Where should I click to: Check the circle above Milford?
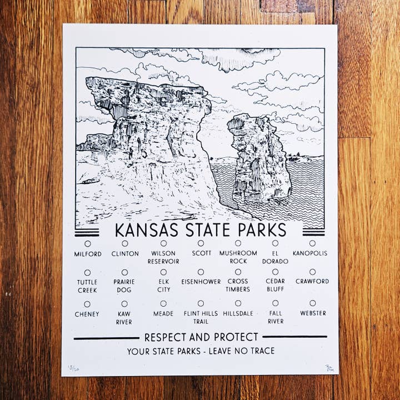[x=88, y=243]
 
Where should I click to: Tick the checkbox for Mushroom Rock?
[x=238, y=243]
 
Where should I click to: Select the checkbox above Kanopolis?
[x=312, y=243]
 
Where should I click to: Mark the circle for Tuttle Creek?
[x=87, y=273]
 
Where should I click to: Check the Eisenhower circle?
[x=201, y=272]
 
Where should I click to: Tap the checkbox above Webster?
[x=312, y=303]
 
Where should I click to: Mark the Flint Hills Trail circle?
[x=201, y=303]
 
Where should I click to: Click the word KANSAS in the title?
[x=147, y=229]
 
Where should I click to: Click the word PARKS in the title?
[x=261, y=229]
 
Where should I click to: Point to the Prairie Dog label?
[x=124, y=286]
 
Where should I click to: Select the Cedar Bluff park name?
[x=275, y=285]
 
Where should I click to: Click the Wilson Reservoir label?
[x=163, y=257]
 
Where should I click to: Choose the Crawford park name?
[x=312, y=282]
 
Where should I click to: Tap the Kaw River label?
[x=124, y=318]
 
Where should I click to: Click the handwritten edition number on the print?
[x=73, y=367]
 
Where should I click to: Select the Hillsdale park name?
[x=238, y=313]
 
